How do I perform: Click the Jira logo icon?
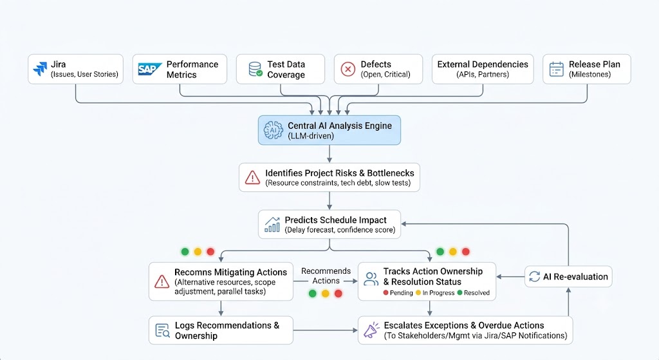[41, 68]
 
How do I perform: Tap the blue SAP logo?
[149, 69]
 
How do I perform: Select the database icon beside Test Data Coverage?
[255, 69]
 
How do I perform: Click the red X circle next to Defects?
[348, 68]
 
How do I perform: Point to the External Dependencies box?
[483, 69]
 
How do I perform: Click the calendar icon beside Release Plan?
[557, 69]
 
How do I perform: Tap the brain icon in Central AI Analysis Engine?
[273, 130]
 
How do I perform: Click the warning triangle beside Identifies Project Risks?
[252, 178]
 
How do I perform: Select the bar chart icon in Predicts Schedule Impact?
[272, 225]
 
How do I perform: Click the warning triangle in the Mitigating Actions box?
[162, 281]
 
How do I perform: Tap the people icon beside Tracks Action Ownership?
[371, 279]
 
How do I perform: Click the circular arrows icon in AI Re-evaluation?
[535, 277]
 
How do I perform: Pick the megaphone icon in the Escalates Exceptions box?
[371, 330]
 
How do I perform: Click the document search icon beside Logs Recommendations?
[162, 330]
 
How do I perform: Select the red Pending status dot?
[386, 293]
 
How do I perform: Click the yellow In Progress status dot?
[418, 293]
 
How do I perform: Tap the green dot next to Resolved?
[459, 293]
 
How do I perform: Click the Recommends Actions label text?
[326, 276]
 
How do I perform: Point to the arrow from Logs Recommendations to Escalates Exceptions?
[325, 330]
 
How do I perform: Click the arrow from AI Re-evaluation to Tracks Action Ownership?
[510, 277]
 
